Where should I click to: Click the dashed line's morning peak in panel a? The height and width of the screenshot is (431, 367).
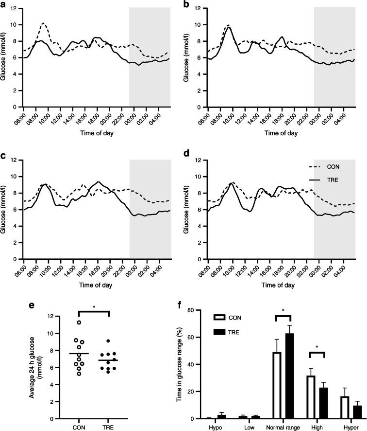coord(44,23)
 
